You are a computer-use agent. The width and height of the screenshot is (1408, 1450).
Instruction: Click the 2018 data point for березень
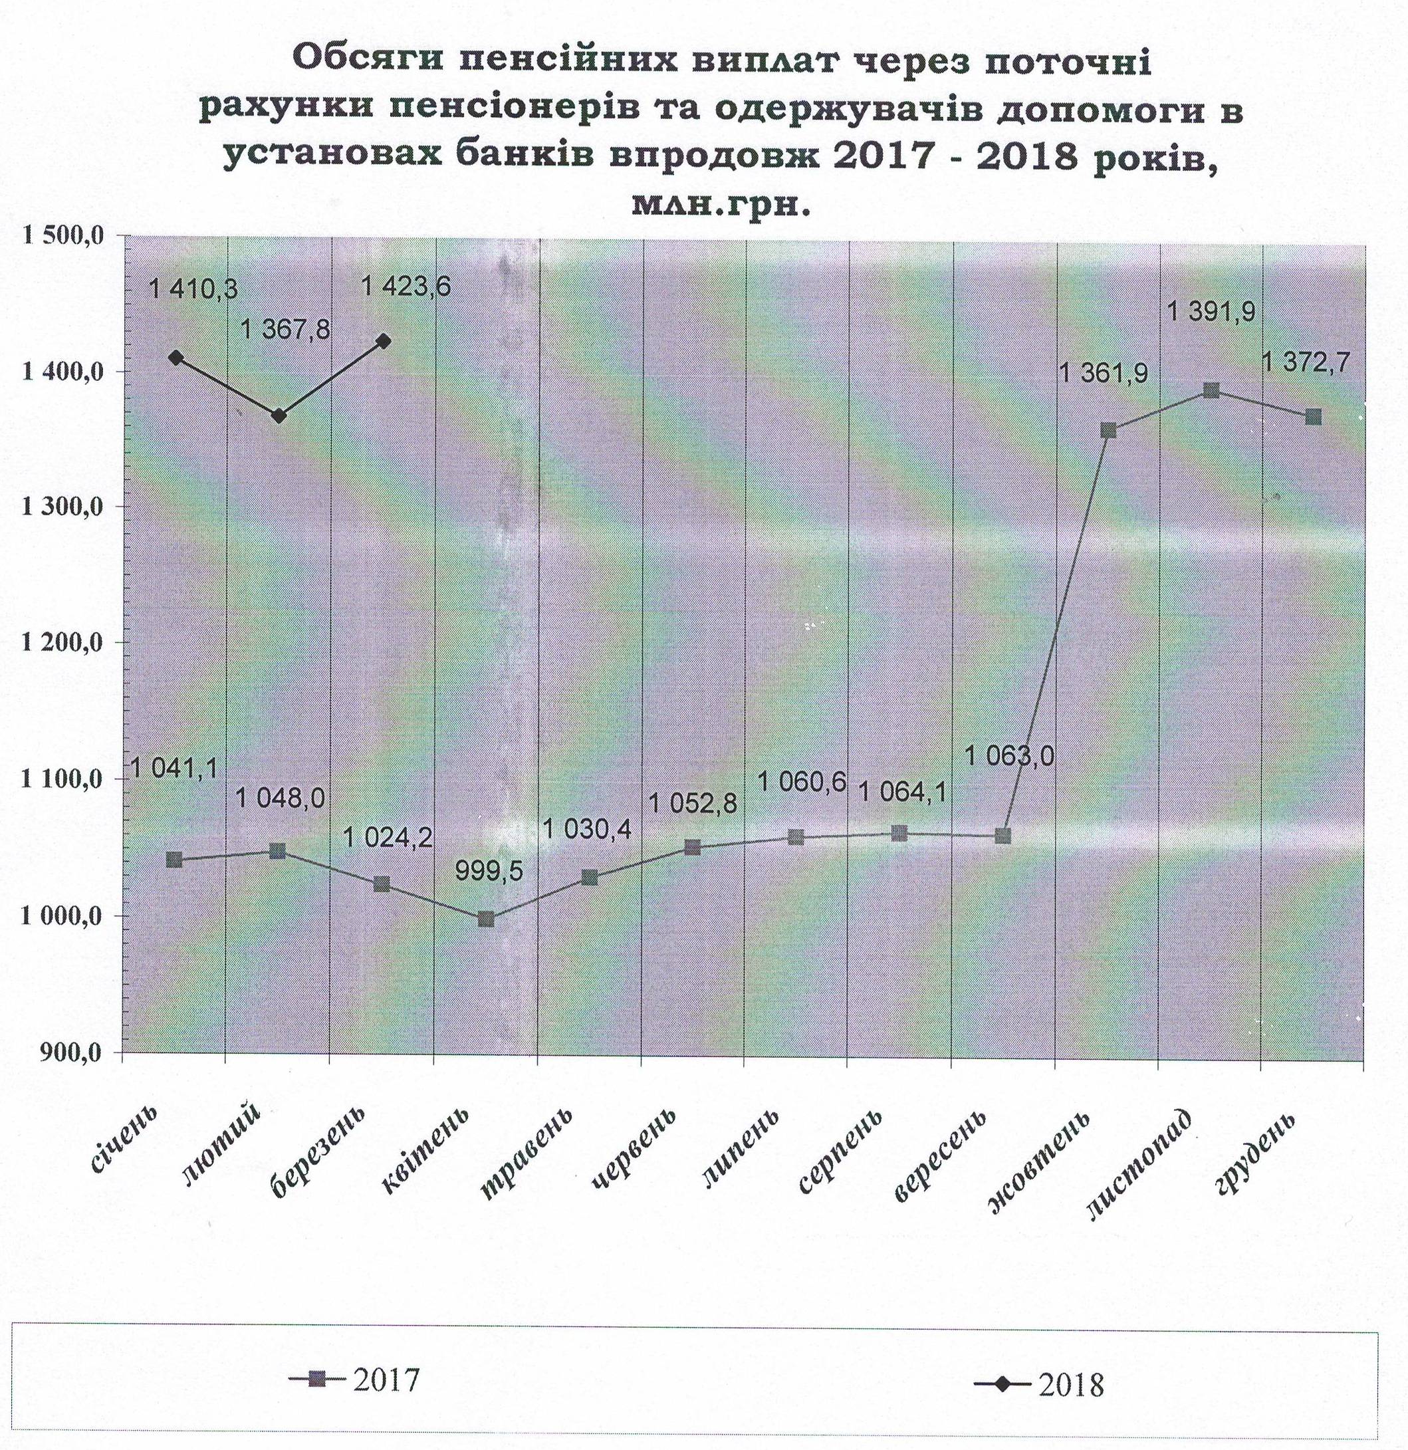click(384, 340)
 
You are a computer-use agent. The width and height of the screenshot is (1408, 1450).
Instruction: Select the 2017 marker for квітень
click(486, 919)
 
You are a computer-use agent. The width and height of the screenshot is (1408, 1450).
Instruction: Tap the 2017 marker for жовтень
click(1108, 431)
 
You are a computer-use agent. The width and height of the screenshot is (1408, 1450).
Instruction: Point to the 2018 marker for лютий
click(279, 416)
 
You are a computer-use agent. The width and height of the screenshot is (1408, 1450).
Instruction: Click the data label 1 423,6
click(406, 286)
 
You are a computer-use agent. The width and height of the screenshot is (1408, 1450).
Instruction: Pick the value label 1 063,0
click(1009, 756)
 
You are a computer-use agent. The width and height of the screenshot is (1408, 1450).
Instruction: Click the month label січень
click(126, 1140)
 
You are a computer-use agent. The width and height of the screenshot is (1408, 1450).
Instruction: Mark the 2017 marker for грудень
click(1314, 418)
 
